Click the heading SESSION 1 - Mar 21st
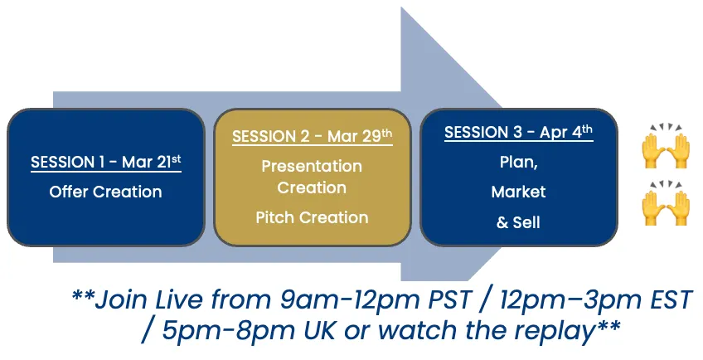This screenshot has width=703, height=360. tap(106, 162)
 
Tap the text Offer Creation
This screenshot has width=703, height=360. tap(106, 192)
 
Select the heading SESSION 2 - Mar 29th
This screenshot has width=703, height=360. tap(312, 135)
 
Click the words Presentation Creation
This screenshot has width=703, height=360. tap(312, 177)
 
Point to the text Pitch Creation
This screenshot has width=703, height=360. tap(312, 217)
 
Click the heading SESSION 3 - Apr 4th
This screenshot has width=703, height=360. tap(519, 132)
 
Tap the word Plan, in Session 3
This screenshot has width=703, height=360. tap(519, 163)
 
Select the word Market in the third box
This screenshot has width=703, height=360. tap(519, 192)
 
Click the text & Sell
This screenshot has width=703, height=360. tap(519, 222)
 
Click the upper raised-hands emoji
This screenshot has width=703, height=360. tap(666, 145)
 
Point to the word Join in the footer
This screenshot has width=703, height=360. tap(121, 299)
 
